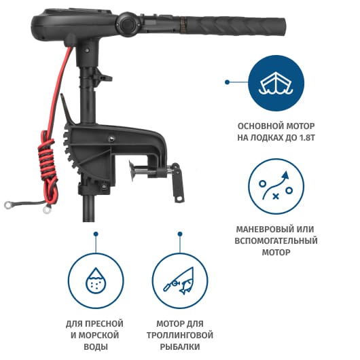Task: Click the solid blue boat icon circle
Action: [276, 83]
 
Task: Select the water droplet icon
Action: [96, 281]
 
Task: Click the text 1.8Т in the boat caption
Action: [307, 137]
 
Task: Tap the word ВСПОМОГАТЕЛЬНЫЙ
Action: [276, 240]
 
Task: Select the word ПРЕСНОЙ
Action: [105, 324]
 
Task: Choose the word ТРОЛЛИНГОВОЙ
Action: [180, 335]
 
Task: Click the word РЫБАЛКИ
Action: [180, 346]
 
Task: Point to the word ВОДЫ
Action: [96, 346]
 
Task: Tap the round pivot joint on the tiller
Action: [128, 23]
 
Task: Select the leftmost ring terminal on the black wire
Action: [10, 205]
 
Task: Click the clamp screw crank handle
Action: [177, 183]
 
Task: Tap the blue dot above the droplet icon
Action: [96, 234]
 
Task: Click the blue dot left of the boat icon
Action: [227, 82]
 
